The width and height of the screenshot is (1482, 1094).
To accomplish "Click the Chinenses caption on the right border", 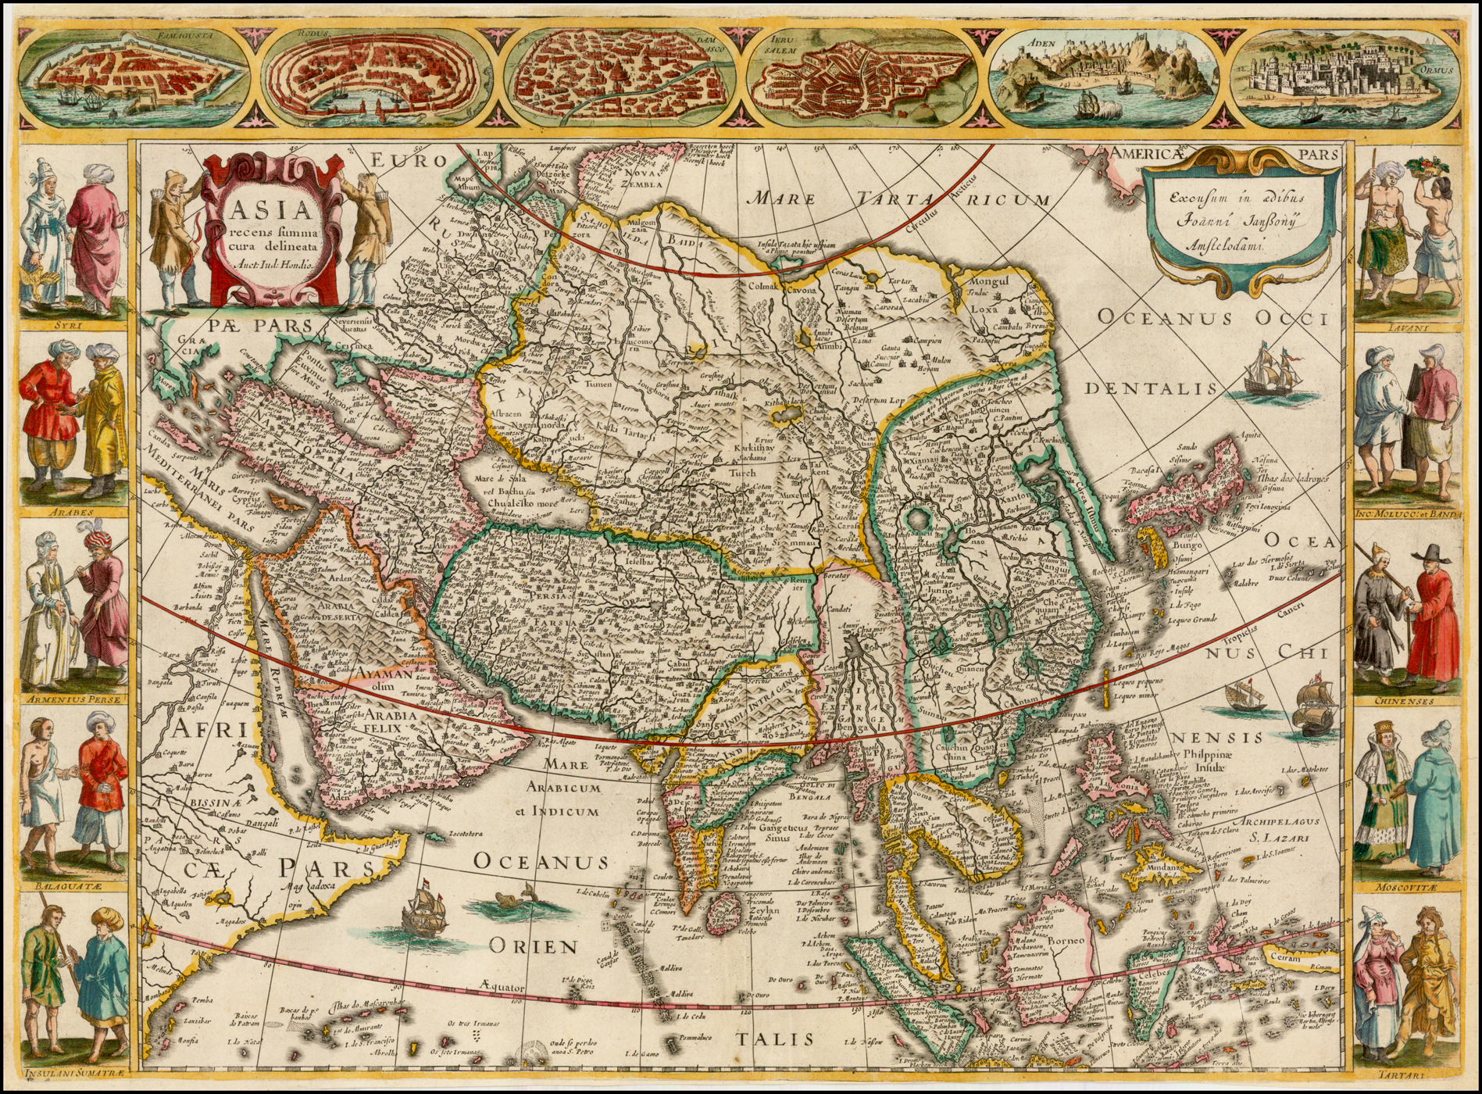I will [x=1405, y=701].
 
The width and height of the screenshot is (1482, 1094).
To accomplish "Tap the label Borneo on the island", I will [x=1066, y=941].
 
